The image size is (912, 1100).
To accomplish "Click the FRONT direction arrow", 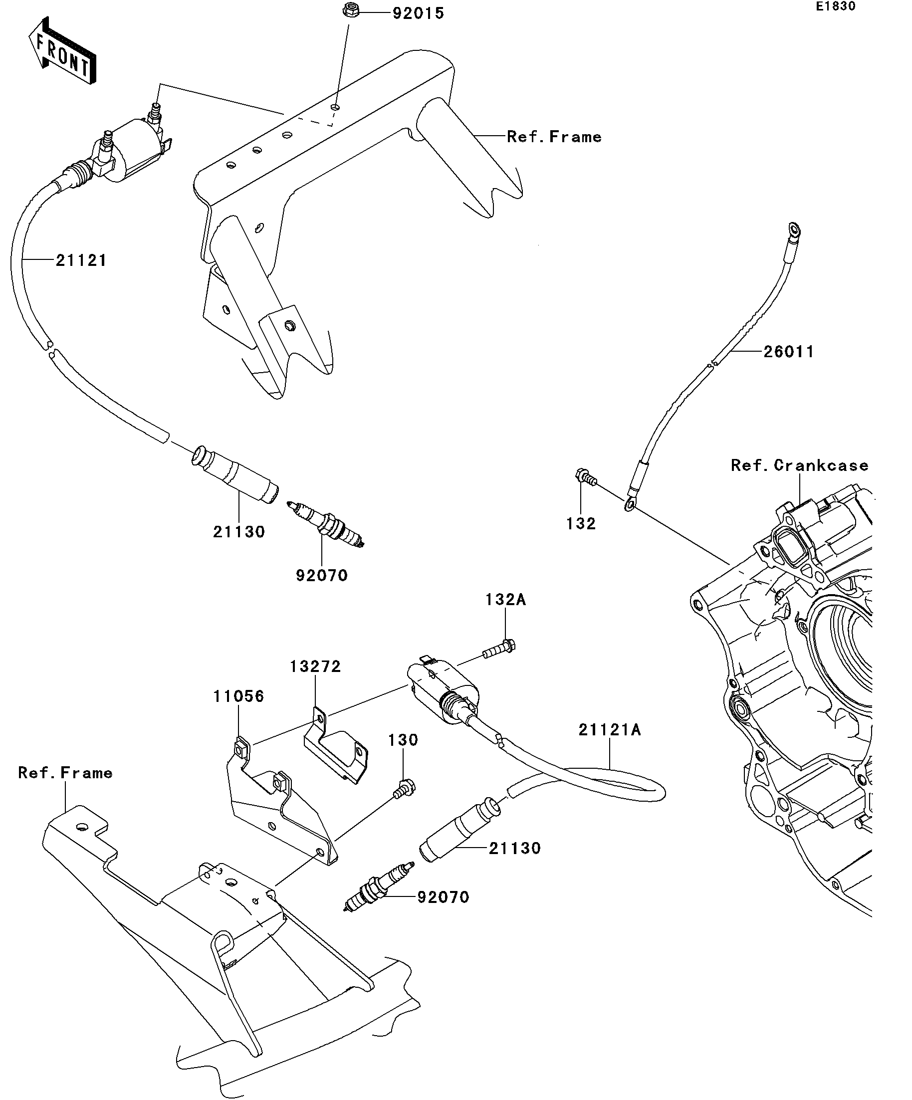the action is coord(62,51).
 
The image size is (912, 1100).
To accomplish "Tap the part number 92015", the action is coord(418,13).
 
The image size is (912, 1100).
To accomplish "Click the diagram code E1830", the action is coord(835,6).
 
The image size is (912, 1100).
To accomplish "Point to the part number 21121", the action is coord(81,260).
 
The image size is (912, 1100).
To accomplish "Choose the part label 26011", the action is coord(788,352).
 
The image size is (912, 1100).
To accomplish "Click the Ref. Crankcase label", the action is coord(799,465).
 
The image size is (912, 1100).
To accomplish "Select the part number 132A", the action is coord(505,599).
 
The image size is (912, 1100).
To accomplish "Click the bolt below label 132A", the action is coord(499,649).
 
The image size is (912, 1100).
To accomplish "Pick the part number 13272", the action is coord(315,666).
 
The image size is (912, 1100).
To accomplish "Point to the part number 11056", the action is coord(238,696).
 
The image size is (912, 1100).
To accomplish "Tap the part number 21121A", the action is coord(610,730).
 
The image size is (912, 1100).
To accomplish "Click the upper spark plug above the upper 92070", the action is coord(325,524).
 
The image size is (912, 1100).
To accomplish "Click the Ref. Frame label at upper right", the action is coord(554,137).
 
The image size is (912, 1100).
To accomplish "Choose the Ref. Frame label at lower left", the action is coord(65,773).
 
